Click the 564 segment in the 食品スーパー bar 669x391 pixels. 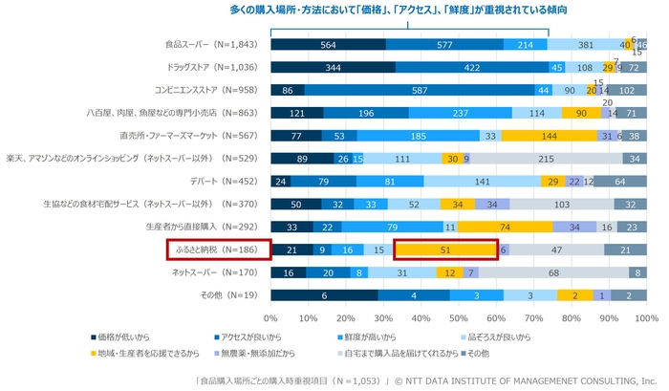328,44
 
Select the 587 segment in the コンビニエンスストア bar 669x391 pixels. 419,90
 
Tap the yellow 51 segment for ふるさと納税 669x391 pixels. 445,250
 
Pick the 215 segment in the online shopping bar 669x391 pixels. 548,158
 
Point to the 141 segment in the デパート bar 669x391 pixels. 483,181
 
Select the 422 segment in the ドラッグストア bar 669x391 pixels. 472,67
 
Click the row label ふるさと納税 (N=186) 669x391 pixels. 215,250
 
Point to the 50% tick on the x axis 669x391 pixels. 459,317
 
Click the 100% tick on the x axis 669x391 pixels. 646,317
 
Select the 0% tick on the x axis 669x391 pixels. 270,317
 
